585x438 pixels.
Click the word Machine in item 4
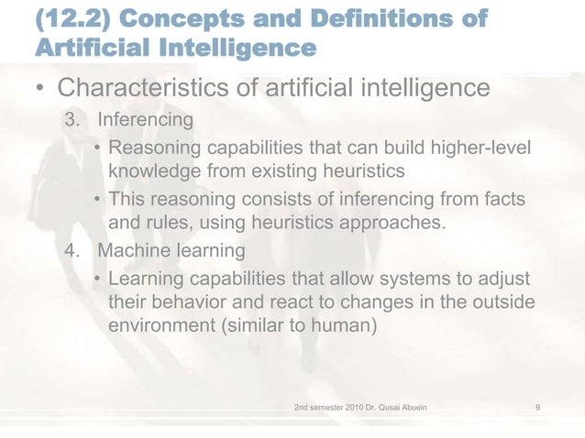133,249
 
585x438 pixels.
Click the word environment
161,324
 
